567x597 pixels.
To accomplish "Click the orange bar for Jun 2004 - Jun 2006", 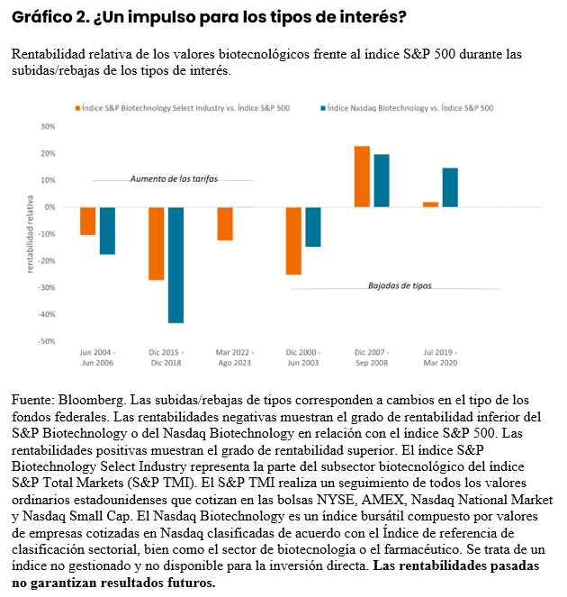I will [x=87, y=221].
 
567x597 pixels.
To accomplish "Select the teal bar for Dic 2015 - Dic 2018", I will [x=175, y=265].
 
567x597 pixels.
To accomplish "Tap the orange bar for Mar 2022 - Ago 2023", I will [x=225, y=223].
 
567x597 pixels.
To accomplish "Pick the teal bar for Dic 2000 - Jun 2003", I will [x=313, y=227].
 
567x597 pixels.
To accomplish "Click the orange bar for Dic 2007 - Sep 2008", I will [x=362, y=176].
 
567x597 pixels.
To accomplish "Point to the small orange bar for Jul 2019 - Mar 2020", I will [x=430, y=204].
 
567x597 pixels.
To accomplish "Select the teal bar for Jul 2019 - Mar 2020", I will [x=450, y=187].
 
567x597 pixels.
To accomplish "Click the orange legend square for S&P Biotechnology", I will [x=77, y=108].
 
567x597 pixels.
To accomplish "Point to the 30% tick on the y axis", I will [x=48, y=126].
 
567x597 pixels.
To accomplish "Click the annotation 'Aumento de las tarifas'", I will [x=174, y=179].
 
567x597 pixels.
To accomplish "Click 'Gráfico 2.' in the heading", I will [x=45, y=17].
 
